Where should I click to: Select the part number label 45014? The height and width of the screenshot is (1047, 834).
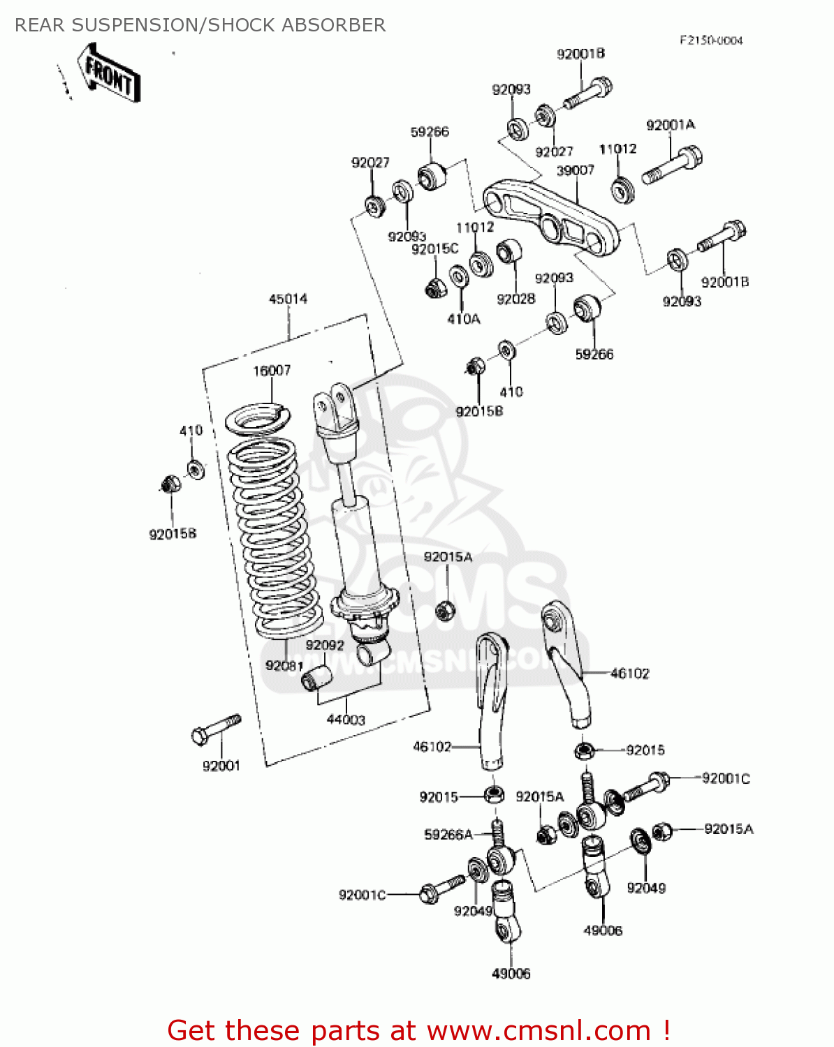[x=288, y=299]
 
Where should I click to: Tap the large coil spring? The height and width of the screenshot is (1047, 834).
[x=274, y=537]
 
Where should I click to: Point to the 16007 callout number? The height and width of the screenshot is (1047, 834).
[x=272, y=371]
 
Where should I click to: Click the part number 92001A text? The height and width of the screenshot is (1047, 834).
[x=671, y=126]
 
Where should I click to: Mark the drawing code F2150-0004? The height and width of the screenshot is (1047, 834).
[x=711, y=40]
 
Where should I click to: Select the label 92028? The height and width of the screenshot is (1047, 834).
[x=515, y=299]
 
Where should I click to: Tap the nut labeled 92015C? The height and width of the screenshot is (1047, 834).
[x=436, y=286]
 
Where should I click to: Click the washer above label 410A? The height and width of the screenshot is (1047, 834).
[x=459, y=276]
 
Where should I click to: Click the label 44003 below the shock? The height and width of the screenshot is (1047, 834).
[x=346, y=720]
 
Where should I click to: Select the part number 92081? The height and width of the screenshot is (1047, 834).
[x=284, y=666]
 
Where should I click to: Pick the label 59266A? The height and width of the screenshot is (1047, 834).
[x=448, y=835]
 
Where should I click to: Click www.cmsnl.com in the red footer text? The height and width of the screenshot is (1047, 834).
[x=539, y=1031]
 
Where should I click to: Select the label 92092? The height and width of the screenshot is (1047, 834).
[x=325, y=646]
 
